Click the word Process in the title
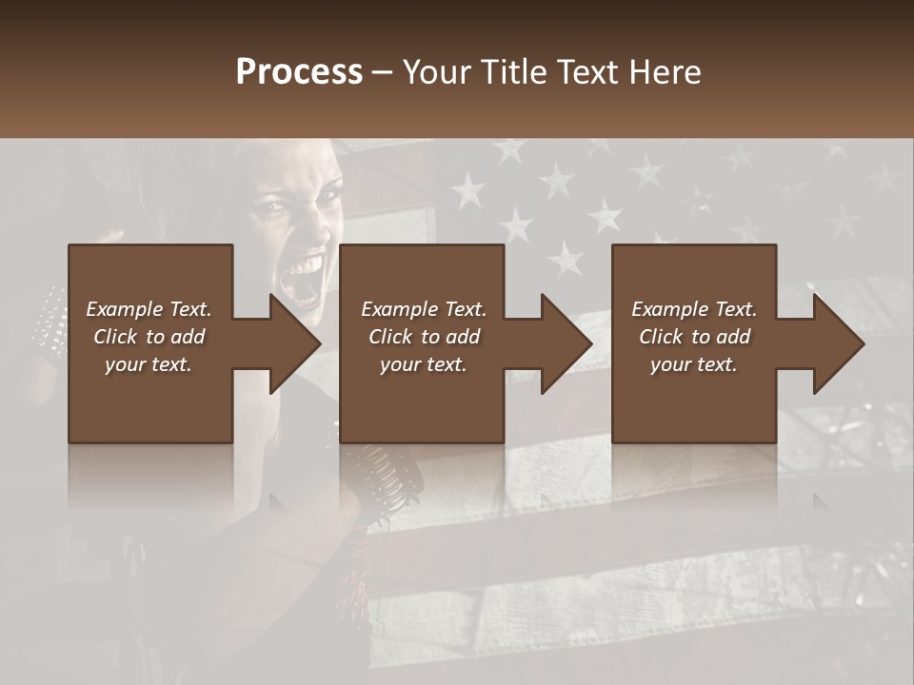coord(299,72)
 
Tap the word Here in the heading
coord(664,72)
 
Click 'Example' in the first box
coord(125,309)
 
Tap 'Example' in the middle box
coord(399,309)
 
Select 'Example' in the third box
coord(669,309)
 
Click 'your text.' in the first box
coord(149,364)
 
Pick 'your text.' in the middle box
coord(423,364)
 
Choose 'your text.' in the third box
coord(693,364)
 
